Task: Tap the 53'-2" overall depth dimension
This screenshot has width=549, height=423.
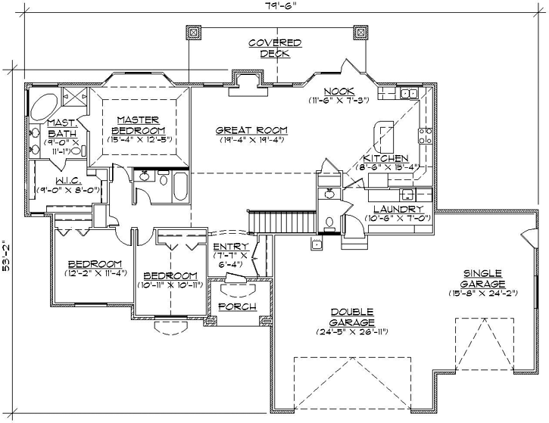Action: coord(7,247)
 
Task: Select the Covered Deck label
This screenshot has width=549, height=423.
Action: coord(276,48)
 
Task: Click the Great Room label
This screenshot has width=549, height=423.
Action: coord(239,134)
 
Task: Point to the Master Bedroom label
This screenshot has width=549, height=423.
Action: coord(137,125)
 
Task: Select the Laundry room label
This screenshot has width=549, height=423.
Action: coord(398,212)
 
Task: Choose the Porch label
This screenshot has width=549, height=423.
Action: coord(236,306)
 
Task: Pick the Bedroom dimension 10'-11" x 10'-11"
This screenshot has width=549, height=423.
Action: coord(170,285)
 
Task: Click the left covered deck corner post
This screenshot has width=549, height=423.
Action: coord(192,33)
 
